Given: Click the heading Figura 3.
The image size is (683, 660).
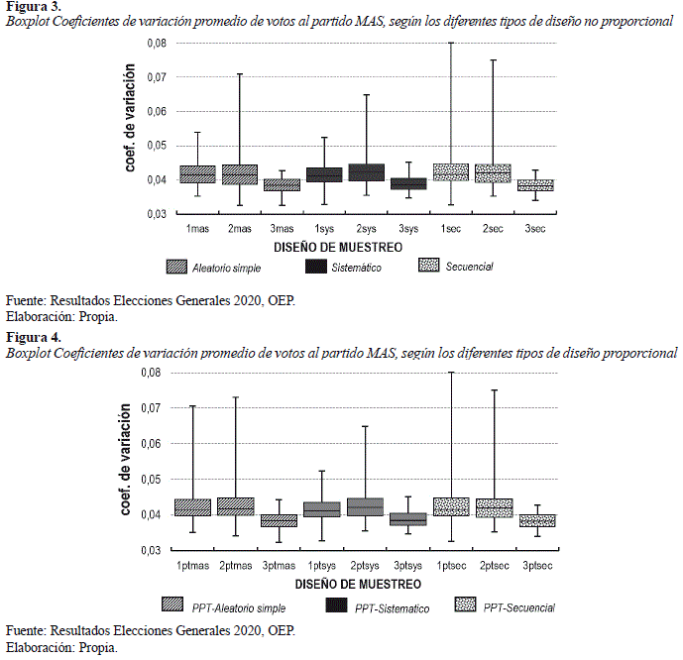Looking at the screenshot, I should [x=33, y=7].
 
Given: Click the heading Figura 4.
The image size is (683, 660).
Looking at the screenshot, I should [x=33, y=338].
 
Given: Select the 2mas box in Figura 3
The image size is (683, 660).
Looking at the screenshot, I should [x=240, y=174].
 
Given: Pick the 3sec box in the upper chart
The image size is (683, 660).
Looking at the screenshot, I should [x=536, y=184].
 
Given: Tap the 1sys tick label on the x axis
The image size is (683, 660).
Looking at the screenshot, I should [x=324, y=229].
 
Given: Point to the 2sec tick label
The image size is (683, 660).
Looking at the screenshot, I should [x=494, y=229].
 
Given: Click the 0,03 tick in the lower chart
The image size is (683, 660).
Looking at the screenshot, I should [x=149, y=550].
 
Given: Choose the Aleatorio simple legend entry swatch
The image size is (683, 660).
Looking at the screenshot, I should [x=179, y=266].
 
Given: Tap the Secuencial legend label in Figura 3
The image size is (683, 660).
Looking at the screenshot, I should [x=470, y=267].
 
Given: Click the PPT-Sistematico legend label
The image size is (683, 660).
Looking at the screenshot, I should [x=394, y=607].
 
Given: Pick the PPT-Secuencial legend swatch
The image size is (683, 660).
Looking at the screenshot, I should [x=468, y=605].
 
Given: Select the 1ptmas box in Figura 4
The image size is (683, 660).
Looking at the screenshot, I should [x=192, y=507].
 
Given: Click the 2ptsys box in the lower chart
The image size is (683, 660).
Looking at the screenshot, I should [x=366, y=506].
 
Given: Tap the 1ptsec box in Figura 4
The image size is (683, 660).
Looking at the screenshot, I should [x=451, y=506].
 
